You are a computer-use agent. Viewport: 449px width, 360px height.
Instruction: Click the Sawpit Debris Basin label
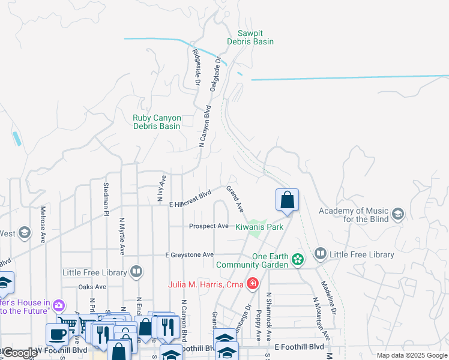click(x=250, y=37)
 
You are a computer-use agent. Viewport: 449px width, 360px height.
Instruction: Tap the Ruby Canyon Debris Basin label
click(x=156, y=122)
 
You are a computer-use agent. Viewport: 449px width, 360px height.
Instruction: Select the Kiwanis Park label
click(x=259, y=227)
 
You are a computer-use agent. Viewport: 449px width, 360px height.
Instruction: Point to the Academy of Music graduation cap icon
click(x=397, y=214)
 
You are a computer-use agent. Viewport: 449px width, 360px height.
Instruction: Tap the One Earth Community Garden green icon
click(x=297, y=260)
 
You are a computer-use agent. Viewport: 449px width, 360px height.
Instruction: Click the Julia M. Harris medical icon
click(x=253, y=283)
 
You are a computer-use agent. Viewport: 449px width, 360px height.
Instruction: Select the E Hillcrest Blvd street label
click(x=191, y=199)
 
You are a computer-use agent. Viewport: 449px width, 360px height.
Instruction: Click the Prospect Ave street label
click(x=209, y=226)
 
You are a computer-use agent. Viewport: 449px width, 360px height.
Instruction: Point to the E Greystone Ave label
click(x=190, y=255)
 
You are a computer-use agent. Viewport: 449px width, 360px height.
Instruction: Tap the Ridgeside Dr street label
click(x=196, y=67)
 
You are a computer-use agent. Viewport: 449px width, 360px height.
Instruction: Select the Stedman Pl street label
click(x=106, y=199)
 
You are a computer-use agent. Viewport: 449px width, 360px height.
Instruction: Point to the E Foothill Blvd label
click(x=299, y=347)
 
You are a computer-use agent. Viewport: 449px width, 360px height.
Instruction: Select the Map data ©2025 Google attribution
click(x=411, y=355)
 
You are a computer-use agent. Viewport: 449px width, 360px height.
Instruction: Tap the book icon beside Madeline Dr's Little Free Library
click(x=320, y=254)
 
